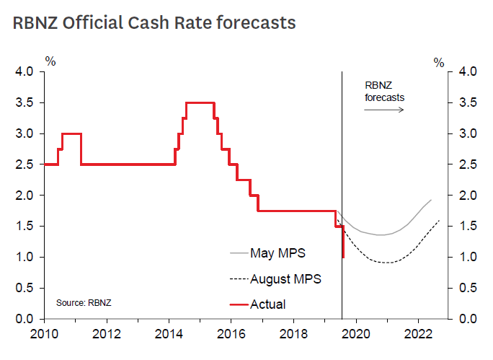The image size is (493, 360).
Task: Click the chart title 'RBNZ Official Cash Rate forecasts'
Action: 154,23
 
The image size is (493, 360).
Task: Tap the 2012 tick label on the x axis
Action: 107,334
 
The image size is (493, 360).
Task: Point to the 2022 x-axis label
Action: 419,334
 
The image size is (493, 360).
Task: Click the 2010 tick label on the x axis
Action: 45,334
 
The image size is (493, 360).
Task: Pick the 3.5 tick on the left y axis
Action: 25,102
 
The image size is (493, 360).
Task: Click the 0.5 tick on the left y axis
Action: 25,288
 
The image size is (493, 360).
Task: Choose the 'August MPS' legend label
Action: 286,278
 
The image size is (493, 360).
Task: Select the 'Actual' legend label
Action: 267,304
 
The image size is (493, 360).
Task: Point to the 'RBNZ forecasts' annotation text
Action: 384,90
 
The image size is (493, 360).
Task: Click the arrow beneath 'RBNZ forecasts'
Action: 383,110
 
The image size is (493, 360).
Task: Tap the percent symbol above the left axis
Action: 50,61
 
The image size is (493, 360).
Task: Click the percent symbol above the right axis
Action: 439,62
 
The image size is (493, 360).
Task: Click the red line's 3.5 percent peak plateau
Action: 200,102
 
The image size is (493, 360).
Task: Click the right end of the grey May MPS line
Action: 431,200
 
